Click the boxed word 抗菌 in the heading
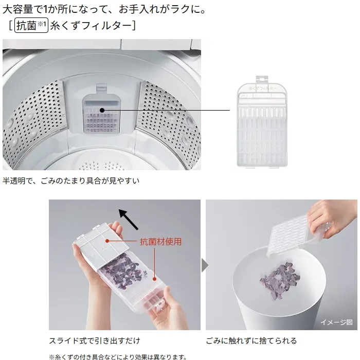point(26,25)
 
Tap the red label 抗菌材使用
point(160,242)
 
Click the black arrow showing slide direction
point(129,219)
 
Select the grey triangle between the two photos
point(205,265)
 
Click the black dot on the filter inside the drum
point(102,110)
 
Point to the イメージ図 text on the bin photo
point(336,322)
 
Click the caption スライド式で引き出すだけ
point(94,340)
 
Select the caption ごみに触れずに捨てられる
point(251,340)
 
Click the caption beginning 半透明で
point(71,181)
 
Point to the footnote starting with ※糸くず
point(118,357)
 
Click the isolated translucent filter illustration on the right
point(262,122)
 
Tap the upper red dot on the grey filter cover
point(107,241)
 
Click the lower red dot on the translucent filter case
point(154,279)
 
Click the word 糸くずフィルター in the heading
point(91,25)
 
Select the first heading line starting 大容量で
point(104,9)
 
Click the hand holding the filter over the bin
point(333,218)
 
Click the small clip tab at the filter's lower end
point(158,306)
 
